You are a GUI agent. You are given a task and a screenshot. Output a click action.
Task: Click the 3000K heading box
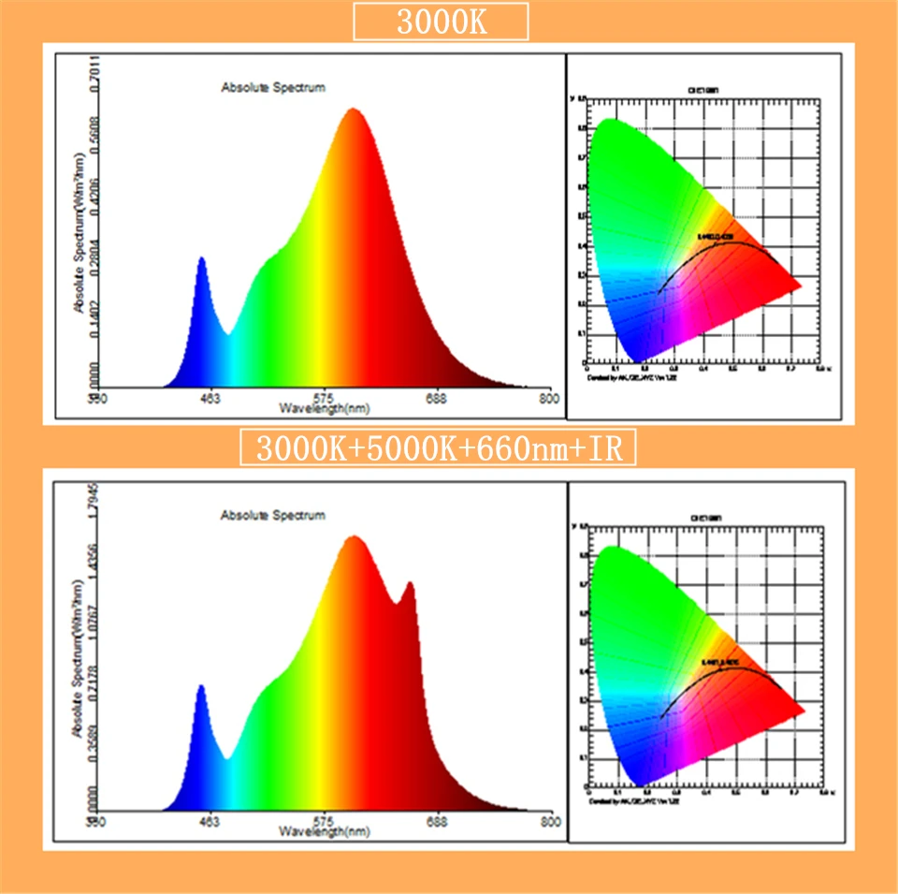(x=441, y=22)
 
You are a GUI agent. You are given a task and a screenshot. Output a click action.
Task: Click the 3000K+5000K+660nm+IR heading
(x=439, y=448)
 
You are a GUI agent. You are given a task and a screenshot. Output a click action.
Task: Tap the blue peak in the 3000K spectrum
(x=200, y=259)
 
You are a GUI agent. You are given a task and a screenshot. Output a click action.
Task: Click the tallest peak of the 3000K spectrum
(x=353, y=110)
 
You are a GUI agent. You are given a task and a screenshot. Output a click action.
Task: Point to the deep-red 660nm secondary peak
(x=409, y=584)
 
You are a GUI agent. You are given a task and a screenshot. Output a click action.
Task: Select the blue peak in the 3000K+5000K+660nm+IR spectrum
(x=200, y=687)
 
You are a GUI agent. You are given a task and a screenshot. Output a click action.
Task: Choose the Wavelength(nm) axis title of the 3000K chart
(x=325, y=409)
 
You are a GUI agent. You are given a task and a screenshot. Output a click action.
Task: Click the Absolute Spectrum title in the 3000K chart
(x=273, y=88)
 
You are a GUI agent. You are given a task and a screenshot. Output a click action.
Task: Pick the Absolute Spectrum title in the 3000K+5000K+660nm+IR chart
(x=273, y=515)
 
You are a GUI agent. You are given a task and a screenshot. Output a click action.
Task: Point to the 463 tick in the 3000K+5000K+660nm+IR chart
(x=210, y=822)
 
